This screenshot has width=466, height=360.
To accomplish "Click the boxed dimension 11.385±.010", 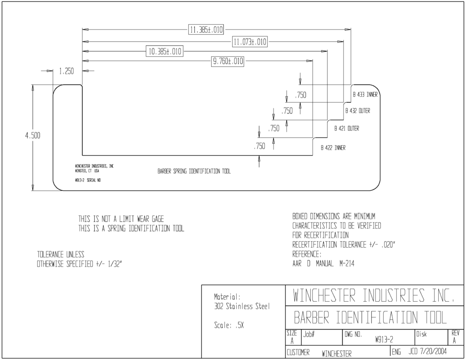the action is (x=206, y=30).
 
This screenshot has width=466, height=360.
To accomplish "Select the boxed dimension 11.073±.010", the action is (x=250, y=41).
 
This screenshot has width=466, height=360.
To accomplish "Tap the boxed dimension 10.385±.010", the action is (x=165, y=51).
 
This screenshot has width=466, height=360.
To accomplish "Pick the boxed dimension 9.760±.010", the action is (x=228, y=61).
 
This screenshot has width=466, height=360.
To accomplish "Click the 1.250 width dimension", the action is (x=66, y=71).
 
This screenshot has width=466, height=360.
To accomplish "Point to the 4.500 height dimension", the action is (x=33, y=136).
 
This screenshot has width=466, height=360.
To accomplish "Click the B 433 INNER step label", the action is (x=365, y=95).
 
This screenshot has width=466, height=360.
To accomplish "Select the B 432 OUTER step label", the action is (x=358, y=111).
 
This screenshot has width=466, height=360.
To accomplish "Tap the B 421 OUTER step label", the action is (x=347, y=128).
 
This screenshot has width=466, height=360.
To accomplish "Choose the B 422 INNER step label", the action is (x=333, y=148).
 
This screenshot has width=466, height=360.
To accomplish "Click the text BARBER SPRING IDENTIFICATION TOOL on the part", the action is (x=194, y=171).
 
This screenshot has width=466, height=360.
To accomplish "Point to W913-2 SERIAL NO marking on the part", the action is (x=88, y=180).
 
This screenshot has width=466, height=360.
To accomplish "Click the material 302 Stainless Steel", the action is (x=242, y=306).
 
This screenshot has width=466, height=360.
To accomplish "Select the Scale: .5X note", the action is (x=229, y=325).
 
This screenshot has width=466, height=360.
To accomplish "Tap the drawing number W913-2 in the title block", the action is (x=384, y=340).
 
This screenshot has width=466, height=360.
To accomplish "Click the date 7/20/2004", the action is (x=433, y=351).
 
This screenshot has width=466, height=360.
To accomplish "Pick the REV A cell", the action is (x=455, y=337).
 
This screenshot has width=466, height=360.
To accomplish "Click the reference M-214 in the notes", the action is (x=347, y=264).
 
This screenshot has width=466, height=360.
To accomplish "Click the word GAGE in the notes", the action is (x=158, y=219).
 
